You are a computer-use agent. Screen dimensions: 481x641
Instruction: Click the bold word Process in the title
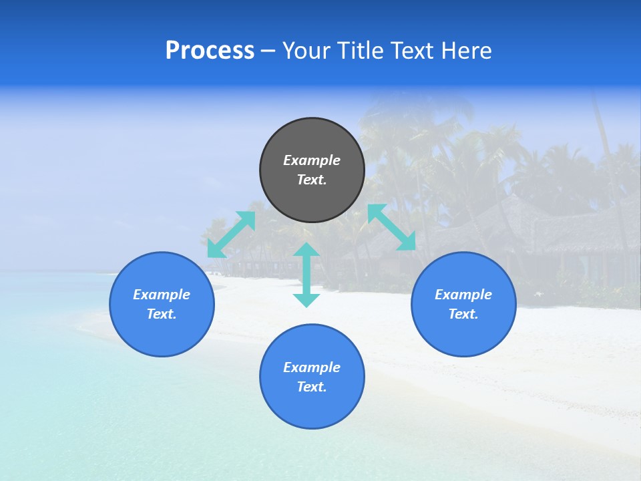point(210,51)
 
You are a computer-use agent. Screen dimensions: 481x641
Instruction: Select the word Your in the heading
point(306,51)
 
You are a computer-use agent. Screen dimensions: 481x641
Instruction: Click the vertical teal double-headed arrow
point(306,275)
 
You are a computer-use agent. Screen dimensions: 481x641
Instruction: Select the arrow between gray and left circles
point(231,234)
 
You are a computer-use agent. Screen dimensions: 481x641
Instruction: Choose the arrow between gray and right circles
point(391,227)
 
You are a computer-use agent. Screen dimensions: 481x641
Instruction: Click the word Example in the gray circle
point(312,160)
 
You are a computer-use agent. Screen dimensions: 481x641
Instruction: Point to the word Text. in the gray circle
point(312,180)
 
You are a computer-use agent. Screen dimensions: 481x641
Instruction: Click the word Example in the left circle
point(162,295)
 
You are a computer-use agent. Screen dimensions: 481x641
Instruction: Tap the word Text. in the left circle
point(162,314)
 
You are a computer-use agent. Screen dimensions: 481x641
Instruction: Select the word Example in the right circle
point(463,295)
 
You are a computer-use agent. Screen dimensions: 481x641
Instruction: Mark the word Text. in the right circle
point(463,314)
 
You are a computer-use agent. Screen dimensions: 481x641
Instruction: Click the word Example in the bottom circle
point(312,367)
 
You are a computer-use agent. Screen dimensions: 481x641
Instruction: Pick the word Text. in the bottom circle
point(312,387)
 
